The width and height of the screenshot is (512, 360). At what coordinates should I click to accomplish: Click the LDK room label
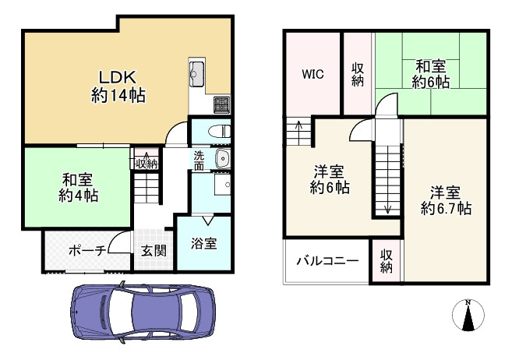(117, 86)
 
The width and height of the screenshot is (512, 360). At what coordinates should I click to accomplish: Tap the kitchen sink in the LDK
(196, 74)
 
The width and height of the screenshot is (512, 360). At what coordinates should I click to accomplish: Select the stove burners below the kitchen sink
(221, 104)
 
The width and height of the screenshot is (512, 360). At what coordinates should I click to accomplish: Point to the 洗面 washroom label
(200, 160)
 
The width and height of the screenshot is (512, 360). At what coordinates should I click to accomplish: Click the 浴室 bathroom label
(204, 243)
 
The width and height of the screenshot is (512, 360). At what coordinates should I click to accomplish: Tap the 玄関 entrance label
(153, 251)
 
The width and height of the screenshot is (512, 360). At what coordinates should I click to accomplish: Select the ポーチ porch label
(87, 251)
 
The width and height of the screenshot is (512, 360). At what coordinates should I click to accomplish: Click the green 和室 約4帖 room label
(78, 187)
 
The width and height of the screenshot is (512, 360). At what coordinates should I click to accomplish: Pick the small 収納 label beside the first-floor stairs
(146, 163)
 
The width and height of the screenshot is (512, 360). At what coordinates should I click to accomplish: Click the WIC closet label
(313, 74)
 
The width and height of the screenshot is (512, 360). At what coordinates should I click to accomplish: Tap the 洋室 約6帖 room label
(329, 179)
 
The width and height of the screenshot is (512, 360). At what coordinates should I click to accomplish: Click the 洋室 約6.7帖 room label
(446, 199)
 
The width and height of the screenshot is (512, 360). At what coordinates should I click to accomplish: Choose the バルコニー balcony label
(327, 261)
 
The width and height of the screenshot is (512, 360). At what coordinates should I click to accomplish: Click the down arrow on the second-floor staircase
(387, 207)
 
